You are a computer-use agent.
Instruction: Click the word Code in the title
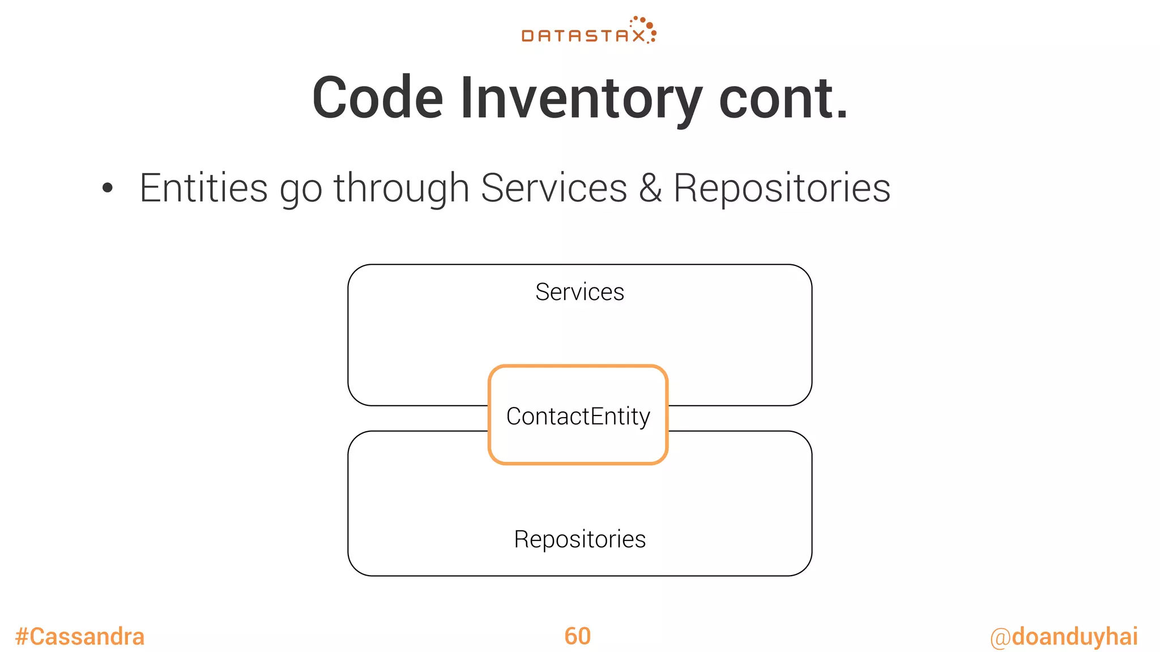pos(377,98)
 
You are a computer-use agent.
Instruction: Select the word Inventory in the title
pos(581,100)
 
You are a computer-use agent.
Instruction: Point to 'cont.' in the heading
pos(783,98)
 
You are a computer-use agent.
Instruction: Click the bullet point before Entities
pos(108,188)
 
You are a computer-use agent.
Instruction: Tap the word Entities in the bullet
pos(203,188)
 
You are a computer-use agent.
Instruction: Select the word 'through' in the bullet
pos(401,189)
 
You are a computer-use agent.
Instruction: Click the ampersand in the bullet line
pos(650,188)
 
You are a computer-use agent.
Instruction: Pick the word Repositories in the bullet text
pos(782,189)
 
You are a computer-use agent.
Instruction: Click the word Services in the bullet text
pos(554,188)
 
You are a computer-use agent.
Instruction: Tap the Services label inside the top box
pos(579,292)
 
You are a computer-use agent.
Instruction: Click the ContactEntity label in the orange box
pos(578,417)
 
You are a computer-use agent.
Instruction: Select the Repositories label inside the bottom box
pos(579,539)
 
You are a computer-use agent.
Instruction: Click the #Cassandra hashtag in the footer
pos(80,637)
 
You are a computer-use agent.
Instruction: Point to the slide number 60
pos(577,636)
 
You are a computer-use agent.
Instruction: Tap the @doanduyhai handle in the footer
pos(1064,637)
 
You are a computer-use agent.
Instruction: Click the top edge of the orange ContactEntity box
pos(578,367)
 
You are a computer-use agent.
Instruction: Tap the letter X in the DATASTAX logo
pos(638,36)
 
